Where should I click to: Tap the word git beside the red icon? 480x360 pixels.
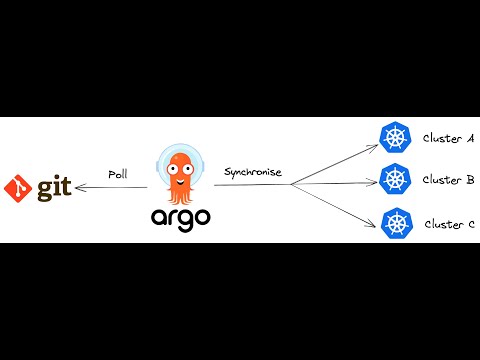point(56,188)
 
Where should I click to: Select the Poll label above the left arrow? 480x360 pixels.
point(117,174)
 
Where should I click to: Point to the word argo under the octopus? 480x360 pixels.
point(181,217)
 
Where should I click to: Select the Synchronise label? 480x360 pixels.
point(253,172)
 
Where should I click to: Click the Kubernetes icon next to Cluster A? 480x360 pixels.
point(396,137)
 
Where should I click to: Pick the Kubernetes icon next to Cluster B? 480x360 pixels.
point(396,180)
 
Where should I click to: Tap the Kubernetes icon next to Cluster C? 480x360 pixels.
point(398,223)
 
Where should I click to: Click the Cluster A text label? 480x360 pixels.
point(448,138)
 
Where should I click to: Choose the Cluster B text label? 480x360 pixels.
point(448,180)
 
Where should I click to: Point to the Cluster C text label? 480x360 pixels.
point(449,224)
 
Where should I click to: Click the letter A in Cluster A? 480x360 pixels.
point(469,138)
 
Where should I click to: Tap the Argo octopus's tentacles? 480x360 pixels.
point(181,194)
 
